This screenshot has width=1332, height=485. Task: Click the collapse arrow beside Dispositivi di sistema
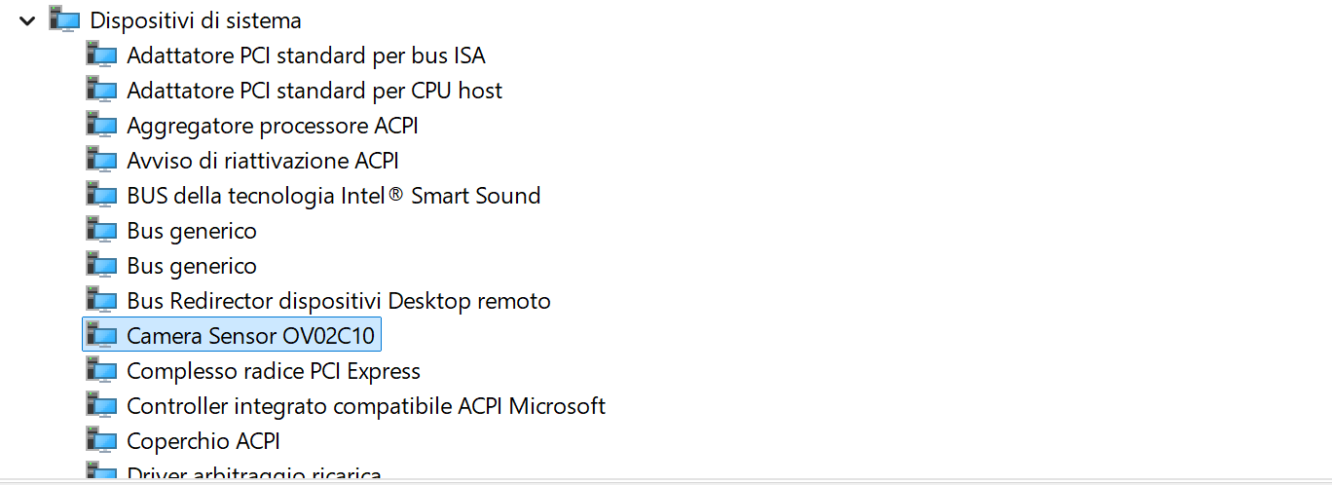click(x=26, y=19)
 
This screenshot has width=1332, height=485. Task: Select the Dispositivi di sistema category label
click(x=196, y=20)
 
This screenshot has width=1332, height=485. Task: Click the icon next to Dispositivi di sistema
click(x=64, y=19)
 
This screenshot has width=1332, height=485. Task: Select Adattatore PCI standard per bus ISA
click(x=306, y=56)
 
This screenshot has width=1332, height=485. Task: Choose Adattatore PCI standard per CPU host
click(x=314, y=91)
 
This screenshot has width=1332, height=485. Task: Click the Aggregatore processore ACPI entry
click(x=273, y=126)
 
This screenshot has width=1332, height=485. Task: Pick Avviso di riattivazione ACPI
click(x=263, y=161)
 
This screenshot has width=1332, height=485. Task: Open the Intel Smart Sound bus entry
click(x=333, y=196)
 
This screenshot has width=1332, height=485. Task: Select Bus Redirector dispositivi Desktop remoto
click(x=339, y=301)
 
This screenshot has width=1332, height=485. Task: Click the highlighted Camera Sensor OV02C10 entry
click(x=250, y=336)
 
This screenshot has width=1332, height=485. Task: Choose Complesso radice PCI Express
click(x=274, y=371)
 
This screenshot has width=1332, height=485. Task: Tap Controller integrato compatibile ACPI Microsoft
click(x=366, y=406)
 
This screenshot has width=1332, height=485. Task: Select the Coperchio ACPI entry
click(x=203, y=441)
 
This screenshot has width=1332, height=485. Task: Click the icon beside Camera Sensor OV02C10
click(x=101, y=336)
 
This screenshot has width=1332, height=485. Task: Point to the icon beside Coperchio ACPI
click(x=101, y=441)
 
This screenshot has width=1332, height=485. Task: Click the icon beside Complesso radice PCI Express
click(x=101, y=371)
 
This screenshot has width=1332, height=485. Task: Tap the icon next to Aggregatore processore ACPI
click(x=101, y=126)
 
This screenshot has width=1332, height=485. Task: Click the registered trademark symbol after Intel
click(x=396, y=195)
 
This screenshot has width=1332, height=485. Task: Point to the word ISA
click(x=469, y=56)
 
